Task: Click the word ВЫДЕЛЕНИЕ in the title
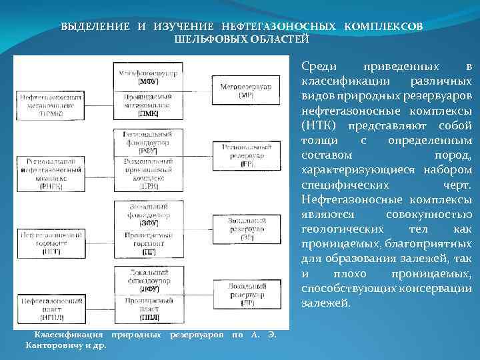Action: point(96,27)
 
